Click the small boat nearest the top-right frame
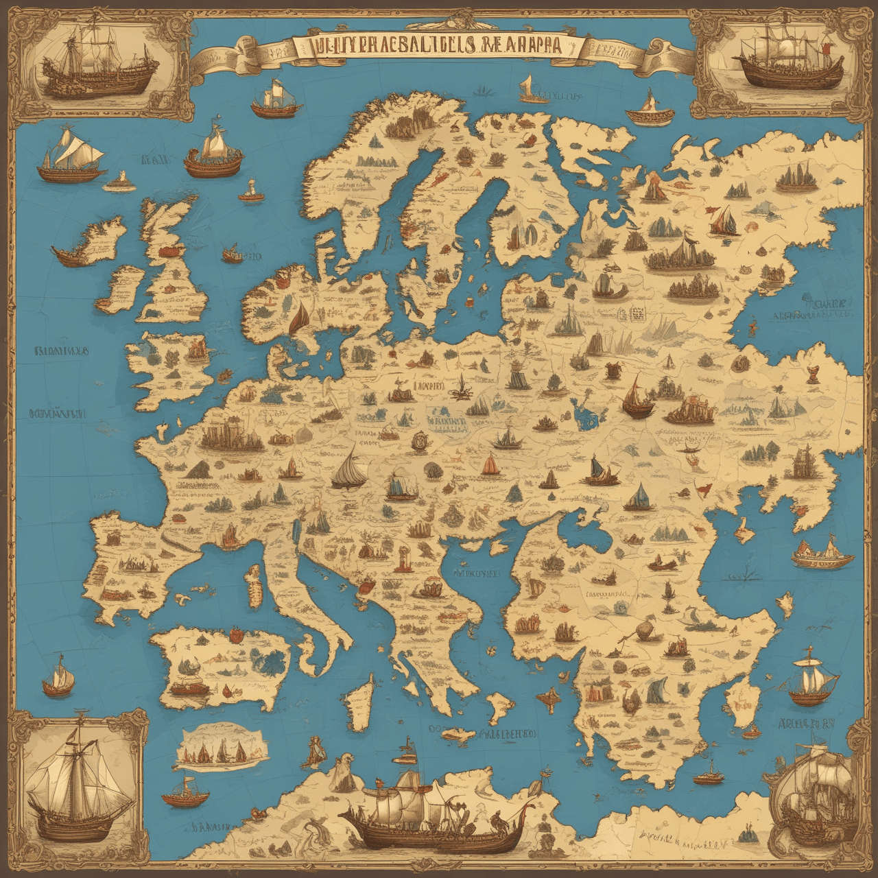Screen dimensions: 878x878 648,110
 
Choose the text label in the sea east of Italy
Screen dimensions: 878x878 473,572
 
